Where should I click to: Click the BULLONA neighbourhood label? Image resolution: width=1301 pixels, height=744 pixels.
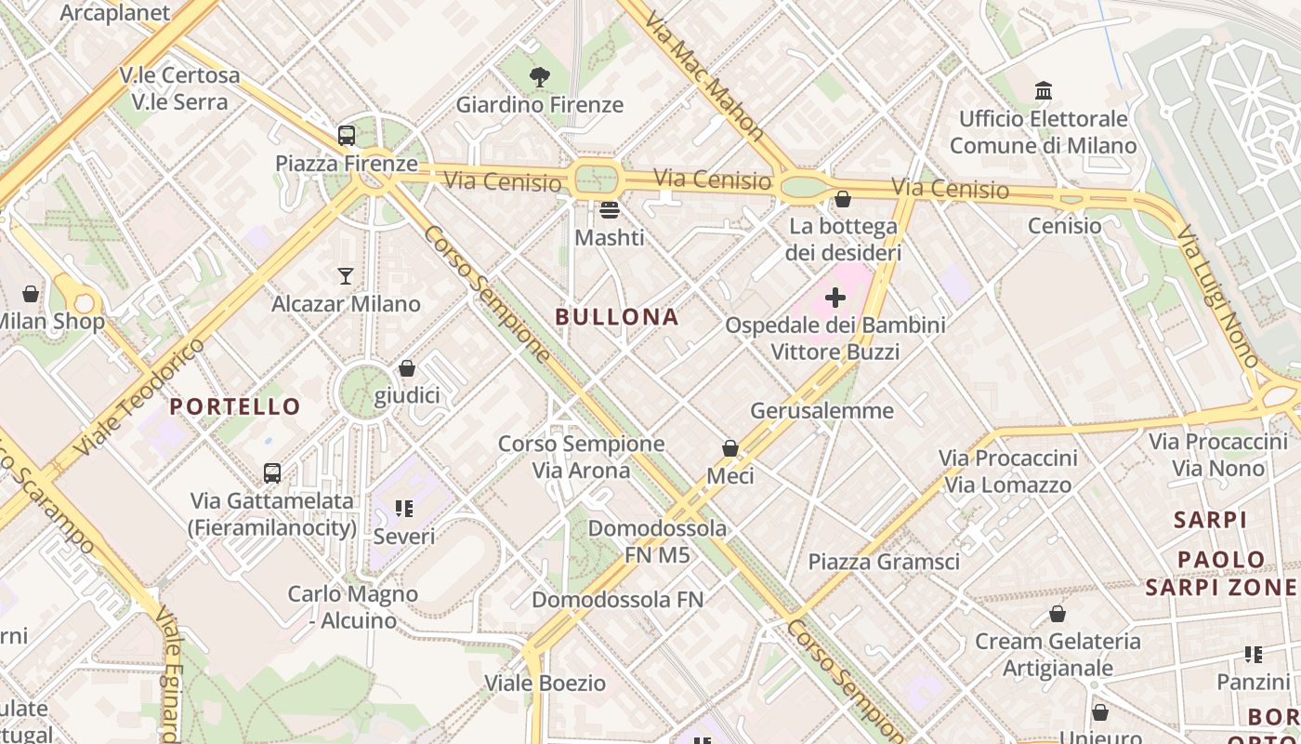point(617,317)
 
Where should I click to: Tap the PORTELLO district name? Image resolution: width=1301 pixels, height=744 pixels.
point(235,406)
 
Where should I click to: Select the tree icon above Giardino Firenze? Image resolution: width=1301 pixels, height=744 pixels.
point(539,77)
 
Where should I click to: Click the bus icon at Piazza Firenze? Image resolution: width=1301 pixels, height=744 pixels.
point(347,136)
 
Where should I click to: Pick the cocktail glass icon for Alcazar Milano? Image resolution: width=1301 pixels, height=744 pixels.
point(346,276)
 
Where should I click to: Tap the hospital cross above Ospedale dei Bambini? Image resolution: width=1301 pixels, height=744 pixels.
point(835,298)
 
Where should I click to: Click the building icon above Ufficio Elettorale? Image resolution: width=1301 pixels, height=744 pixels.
point(1044,91)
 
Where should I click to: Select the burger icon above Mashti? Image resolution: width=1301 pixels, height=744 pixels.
point(609,210)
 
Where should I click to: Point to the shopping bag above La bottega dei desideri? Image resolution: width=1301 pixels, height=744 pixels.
point(843,199)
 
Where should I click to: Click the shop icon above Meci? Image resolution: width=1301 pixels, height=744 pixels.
point(730,448)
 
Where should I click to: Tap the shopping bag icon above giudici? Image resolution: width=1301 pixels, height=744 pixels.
point(406,369)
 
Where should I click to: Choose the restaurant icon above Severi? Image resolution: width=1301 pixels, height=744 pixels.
point(404,509)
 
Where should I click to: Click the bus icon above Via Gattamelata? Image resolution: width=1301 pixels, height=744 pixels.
point(272,473)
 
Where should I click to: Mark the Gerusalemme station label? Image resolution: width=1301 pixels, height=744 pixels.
point(821,410)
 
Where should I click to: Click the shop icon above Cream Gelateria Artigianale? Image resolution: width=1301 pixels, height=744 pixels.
point(1057,614)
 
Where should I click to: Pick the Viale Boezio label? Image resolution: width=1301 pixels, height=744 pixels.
point(545,684)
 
